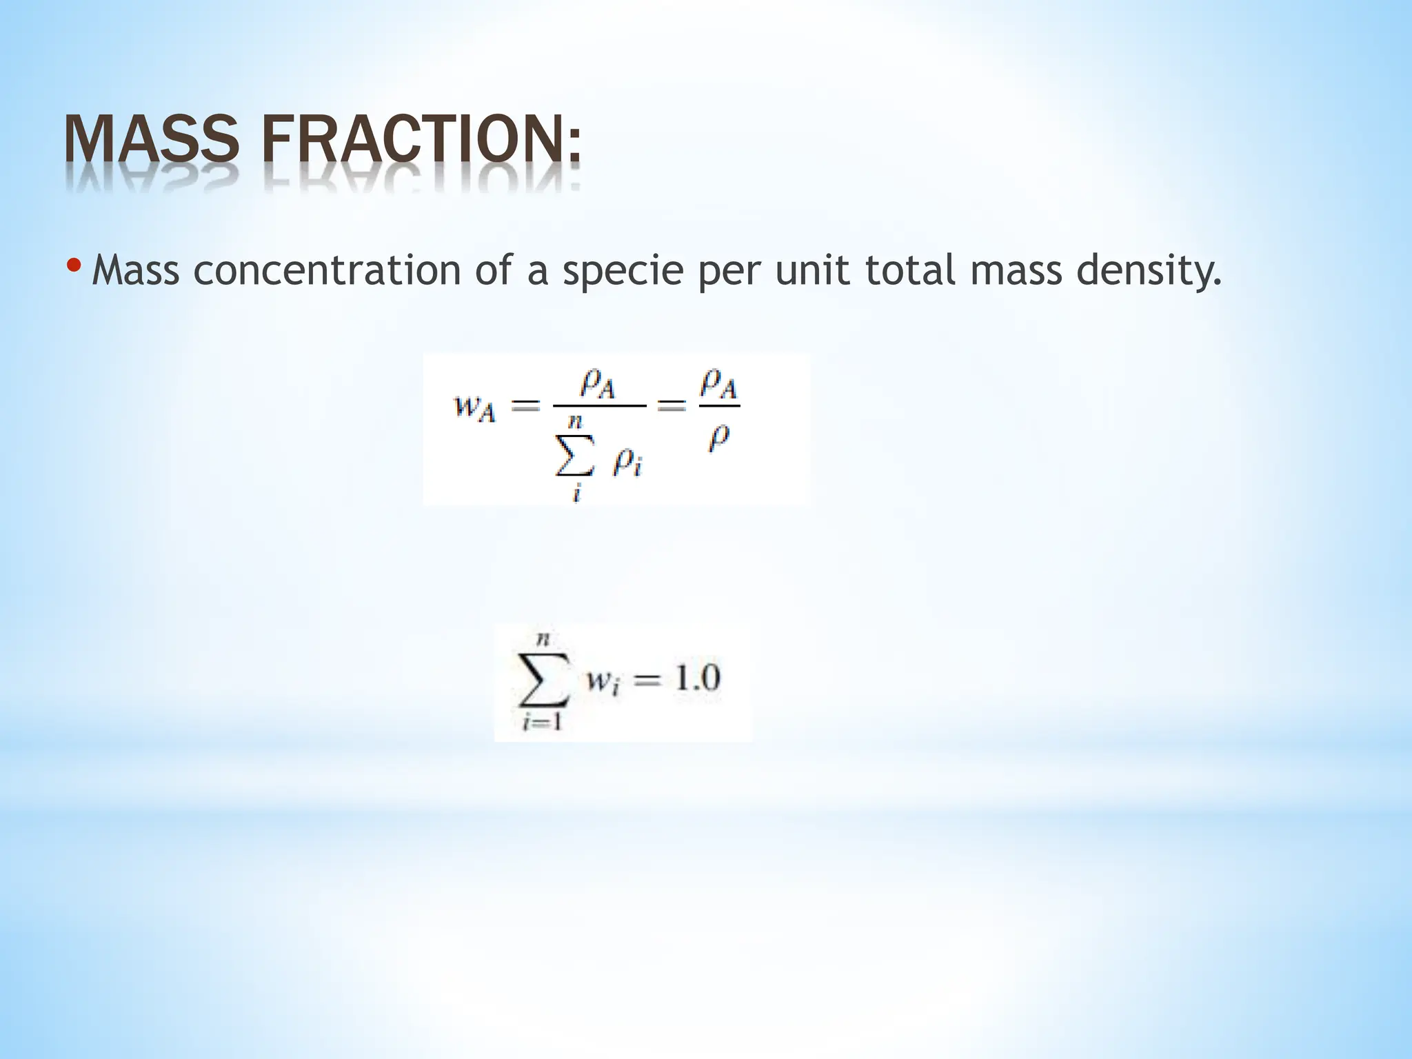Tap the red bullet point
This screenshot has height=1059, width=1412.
coord(75,265)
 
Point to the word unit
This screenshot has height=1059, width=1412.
coord(814,270)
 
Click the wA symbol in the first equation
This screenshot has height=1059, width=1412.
coord(474,407)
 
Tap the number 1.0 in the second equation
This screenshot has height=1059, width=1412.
coord(696,679)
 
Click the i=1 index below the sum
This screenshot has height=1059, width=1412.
coord(543,724)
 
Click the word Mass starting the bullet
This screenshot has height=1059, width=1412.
coord(135,270)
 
